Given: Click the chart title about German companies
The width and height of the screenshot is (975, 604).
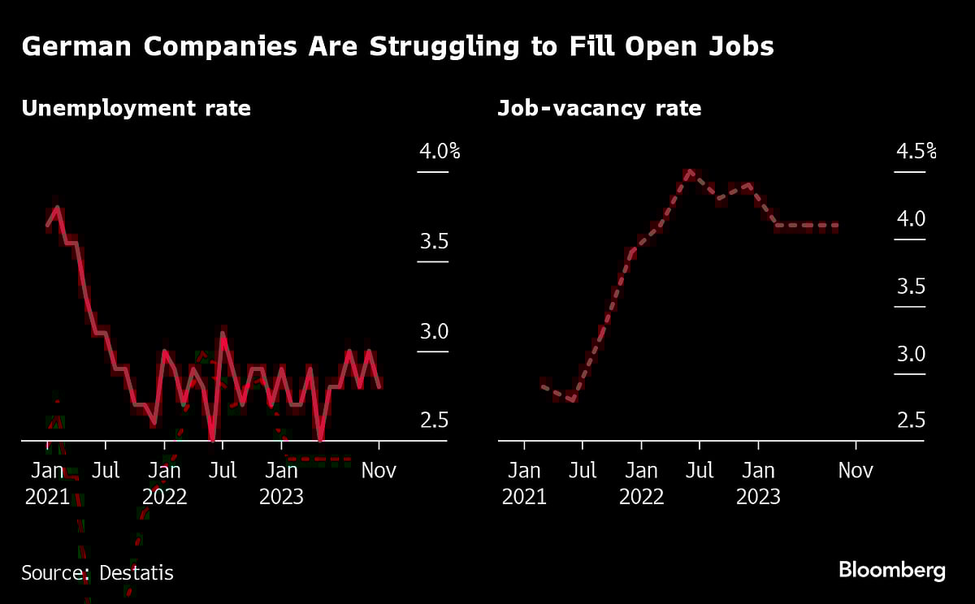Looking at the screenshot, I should pyautogui.click(x=397, y=47).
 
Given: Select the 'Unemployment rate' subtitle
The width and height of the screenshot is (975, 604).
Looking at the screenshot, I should pyautogui.click(x=136, y=108).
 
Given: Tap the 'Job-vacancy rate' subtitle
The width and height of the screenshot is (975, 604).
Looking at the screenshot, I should pyautogui.click(x=599, y=108).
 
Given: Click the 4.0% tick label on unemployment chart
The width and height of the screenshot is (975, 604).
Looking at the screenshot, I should pyautogui.click(x=439, y=151).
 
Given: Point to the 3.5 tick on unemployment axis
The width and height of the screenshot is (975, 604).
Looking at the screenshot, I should pyautogui.click(x=433, y=241).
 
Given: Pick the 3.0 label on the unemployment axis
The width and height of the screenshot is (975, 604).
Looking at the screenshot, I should pyautogui.click(x=433, y=331).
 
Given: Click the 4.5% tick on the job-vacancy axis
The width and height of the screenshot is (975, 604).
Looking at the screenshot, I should pyautogui.click(x=916, y=151).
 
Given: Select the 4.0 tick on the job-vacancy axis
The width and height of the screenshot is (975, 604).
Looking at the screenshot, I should pyautogui.click(x=911, y=218).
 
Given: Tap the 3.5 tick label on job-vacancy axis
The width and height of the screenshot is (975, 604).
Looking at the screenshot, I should pyautogui.click(x=911, y=286).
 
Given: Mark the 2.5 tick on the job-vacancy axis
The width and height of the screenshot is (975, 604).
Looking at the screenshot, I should pyautogui.click(x=911, y=421).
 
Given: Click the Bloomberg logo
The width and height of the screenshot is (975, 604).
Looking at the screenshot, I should pyautogui.click(x=891, y=570).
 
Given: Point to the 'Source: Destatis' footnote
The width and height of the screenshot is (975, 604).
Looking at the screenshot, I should pyautogui.click(x=97, y=572).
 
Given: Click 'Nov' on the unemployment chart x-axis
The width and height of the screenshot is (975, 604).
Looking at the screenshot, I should pyautogui.click(x=379, y=470).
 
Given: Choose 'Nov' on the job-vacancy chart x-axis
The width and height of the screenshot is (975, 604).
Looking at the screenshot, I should pyautogui.click(x=855, y=470).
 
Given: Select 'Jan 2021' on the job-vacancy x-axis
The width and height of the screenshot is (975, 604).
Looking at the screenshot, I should pyautogui.click(x=524, y=483).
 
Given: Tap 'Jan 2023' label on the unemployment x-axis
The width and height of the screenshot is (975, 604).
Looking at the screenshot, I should pyautogui.click(x=281, y=483).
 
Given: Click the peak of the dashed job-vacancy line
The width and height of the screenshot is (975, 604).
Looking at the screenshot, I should pyautogui.click(x=690, y=171).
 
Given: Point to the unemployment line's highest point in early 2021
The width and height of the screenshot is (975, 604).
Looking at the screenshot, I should pyautogui.click(x=56, y=207).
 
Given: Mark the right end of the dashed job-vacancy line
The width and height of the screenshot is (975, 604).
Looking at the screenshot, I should pyautogui.click(x=836, y=226).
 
